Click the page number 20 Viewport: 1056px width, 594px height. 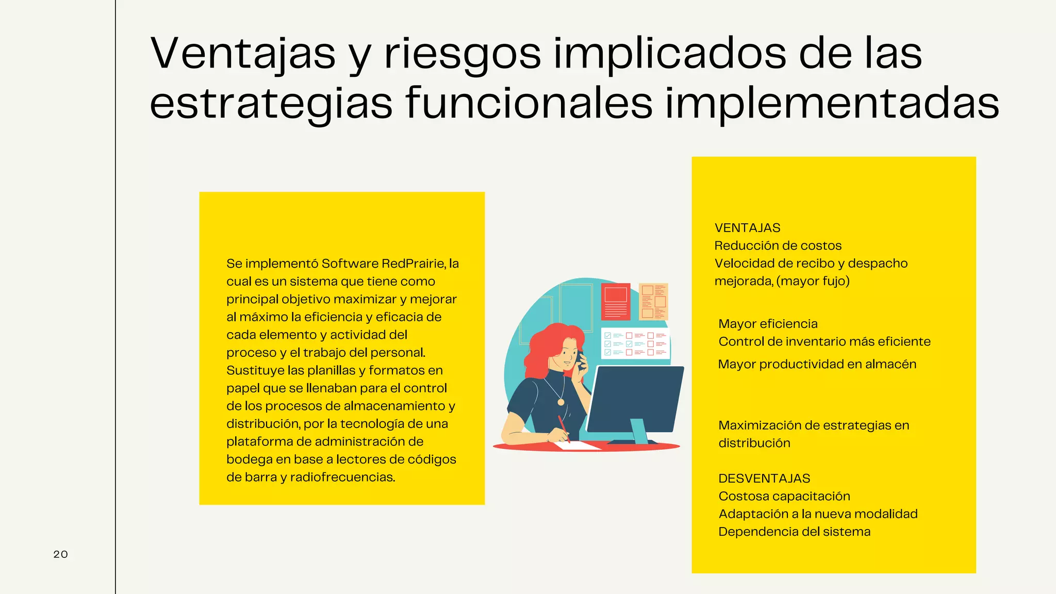click(60, 554)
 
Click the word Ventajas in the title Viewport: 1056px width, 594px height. click(243, 53)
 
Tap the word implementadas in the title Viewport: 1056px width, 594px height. click(832, 103)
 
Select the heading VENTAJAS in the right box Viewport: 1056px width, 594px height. click(747, 228)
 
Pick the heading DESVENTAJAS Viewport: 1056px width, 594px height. click(764, 478)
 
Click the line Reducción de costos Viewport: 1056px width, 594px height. click(778, 246)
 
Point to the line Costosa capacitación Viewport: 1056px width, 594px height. click(784, 497)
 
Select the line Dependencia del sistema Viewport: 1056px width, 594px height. click(794, 532)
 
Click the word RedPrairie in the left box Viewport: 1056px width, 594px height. click(414, 264)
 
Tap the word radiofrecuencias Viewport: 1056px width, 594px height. click(342, 477)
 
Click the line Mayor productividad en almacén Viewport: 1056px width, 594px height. click(817, 365)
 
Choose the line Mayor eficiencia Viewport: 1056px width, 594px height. click(768, 324)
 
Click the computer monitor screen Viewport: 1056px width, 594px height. click(635, 398)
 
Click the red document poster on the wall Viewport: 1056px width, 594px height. click(615, 302)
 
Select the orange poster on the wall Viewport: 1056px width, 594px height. click(653, 302)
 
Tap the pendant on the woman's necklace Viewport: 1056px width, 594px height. click(560, 402)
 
